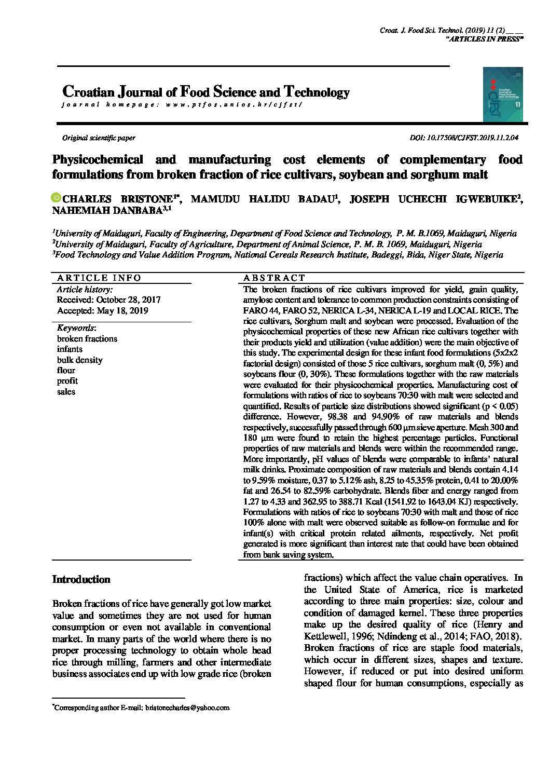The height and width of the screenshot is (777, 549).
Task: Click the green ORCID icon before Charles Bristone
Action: point(56,198)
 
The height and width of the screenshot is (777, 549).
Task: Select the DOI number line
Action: point(464,138)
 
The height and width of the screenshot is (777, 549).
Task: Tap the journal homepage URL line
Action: point(181,104)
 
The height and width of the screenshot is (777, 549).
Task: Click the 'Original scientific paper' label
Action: point(99,138)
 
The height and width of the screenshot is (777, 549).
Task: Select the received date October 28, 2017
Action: point(108,300)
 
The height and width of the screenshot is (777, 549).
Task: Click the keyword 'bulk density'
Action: point(79,360)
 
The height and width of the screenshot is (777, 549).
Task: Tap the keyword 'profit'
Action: point(66,381)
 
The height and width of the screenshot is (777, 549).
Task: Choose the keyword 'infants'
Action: point(70,349)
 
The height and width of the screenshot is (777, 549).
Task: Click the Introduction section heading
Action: point(81,579)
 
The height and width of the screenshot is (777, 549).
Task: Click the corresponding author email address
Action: point(187,707)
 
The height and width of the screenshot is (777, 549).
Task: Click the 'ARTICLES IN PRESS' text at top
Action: point(485,39)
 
